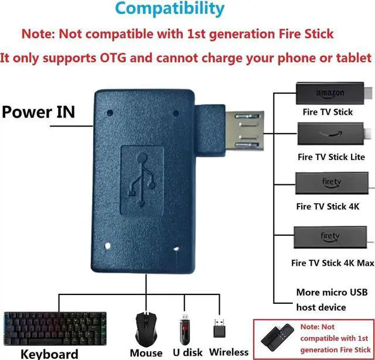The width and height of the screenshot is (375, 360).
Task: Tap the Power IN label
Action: point(39,111)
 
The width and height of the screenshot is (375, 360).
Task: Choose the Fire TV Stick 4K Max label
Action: point(332,263)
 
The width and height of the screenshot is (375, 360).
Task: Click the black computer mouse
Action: point(146,328)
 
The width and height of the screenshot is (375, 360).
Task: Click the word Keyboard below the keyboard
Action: point(49,353)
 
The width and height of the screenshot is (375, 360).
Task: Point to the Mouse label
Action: point(146,352)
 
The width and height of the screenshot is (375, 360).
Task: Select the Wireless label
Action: point(229,352)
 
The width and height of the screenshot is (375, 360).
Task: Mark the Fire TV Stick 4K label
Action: point(328,206)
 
